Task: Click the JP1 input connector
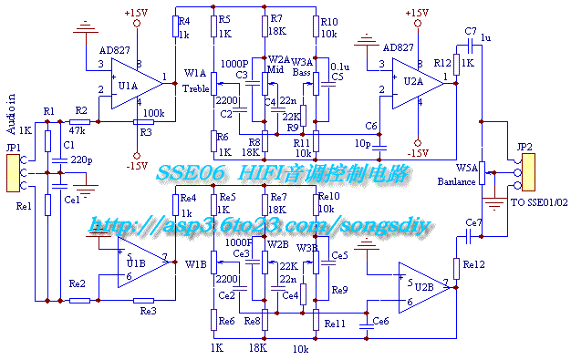pyautogui.click(x=12, y=173)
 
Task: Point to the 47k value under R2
pyautogui.click(x=78, y=131)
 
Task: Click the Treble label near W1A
pyautogui.click(x=195, y=88)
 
